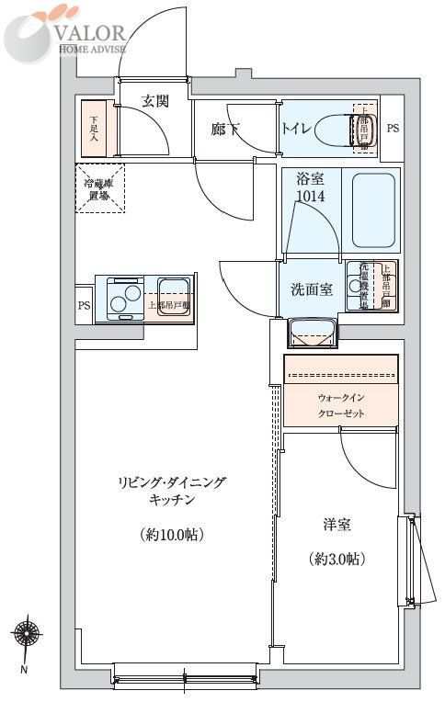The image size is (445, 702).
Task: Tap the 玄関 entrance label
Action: click(155, 102)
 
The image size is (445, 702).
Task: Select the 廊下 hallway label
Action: click(225, 130)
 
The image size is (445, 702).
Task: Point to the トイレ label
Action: click(296, 130)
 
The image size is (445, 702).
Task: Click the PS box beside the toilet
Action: click(393, 130)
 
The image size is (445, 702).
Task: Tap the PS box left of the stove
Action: click(84, 305)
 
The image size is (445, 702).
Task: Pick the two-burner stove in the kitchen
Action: click(124, 297)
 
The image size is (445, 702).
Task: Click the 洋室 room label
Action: click(336, 525)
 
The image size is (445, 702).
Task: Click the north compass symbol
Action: click(25, 633)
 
